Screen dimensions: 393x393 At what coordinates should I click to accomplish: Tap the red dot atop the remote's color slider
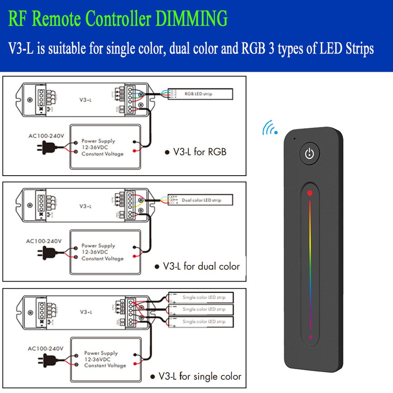tap(310, 193)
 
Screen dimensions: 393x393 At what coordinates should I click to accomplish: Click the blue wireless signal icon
tap(270, 128)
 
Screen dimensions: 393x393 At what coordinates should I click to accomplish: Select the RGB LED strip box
tap(200, 94)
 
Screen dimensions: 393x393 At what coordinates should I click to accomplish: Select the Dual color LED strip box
tap(200, 200)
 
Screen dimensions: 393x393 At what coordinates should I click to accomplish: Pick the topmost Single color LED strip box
tap(201, 297)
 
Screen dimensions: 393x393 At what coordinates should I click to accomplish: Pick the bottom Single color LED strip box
tap(201, 322)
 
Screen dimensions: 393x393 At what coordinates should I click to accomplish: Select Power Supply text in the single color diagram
tap(101, 353)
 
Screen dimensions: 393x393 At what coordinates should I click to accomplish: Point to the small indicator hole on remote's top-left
tap(294, 138)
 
